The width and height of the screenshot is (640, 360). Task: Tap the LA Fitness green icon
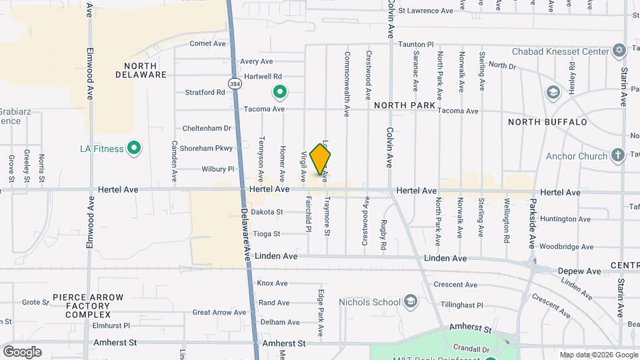pyautogui.click(x=134, y=148)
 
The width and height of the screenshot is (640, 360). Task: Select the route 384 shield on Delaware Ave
pyautogui.click(x=234, y=84)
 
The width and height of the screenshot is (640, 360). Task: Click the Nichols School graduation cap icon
pyautogui.click(x=411, y=302)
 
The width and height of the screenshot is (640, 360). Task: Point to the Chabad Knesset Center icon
pyautogui.click(x=619, y=51)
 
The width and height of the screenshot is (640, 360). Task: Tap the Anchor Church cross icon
pyautogui.click(x=618, y=156)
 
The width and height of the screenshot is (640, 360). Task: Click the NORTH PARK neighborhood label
pyautogui.click(x=405, y=105)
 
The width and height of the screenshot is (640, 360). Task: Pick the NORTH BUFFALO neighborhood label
pyautogui.click(x=547, y=122)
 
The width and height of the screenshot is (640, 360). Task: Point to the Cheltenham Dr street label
pyautogui.click(x=207, y=128)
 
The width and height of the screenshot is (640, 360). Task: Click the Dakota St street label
pyautogui.click(x=267, y=212)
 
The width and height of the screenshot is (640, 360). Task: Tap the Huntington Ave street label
pyautogui.click(x=565, y=219)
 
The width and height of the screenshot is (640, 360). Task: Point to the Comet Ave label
pyautogui.click(x=207, y=43)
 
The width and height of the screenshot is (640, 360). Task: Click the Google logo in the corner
pyautogui.click(x=22, y=351)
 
